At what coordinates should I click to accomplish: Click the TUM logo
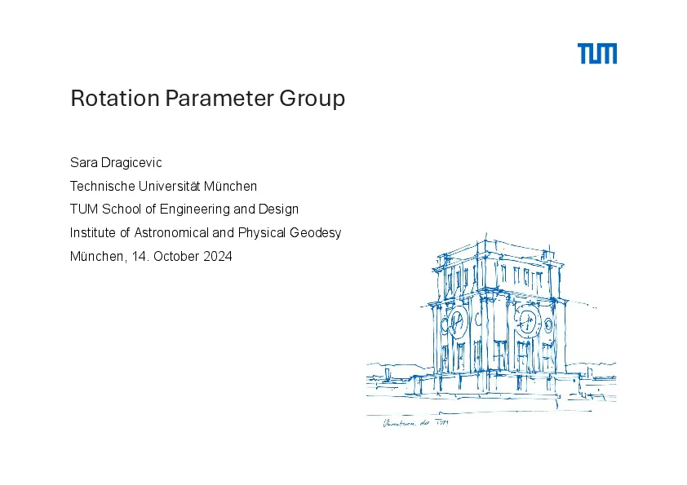click(x=596, y=54)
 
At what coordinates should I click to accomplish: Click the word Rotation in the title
click(x=115, y=98)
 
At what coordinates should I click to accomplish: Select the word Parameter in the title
click(x=219, y=98)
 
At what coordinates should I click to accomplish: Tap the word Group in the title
click(x=312, y=99)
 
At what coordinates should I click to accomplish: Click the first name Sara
click(x=84, y=162)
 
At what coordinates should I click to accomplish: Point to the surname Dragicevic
click(x=131, y=163)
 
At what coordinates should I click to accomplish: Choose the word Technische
click(x=103, y=186)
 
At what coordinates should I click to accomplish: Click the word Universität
click(x=169, y=186)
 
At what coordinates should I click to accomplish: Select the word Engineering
click(x=195, y=209)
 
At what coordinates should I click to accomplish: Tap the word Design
click(x=279, y=209)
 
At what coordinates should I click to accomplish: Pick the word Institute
click(x=93, y=232)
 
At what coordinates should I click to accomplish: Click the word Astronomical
click(x=171, y=232)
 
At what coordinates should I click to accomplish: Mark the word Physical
click(x=262, y=233)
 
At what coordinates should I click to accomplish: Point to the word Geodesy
click(x=316, y=233)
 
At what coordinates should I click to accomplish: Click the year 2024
click(x=218, y=256)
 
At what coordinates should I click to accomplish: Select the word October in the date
click(x=176, y=256)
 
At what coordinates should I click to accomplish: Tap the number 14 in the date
click(x=139, y=256)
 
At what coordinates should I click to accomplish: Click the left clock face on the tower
click(x=457, y=323)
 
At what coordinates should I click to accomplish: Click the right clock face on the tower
click(x=527, y=322)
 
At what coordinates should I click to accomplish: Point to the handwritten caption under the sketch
click(x=415, y=423)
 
